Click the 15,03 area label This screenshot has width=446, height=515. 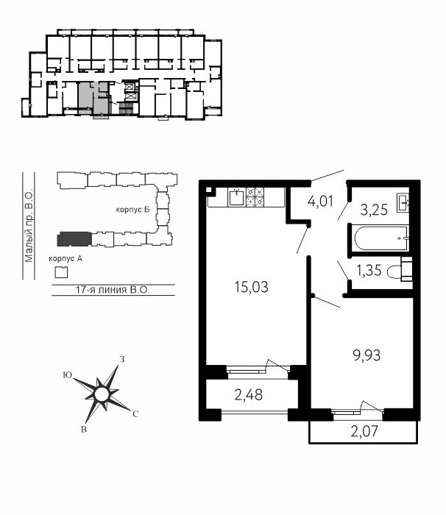[252, 287]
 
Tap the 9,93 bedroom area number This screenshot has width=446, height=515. [367, 355]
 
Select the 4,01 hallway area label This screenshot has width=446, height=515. [320, 201]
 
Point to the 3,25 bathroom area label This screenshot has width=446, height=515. [374, 210]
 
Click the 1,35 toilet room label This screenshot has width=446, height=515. [369, 270]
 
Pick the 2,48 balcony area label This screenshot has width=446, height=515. [249, 395]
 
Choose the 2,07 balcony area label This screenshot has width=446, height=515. [364, 431]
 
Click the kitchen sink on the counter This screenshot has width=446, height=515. [236, 196]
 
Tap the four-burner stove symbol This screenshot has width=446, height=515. [255, 196]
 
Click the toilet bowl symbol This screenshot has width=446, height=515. [400, 270]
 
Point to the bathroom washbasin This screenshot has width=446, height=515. [403, 203]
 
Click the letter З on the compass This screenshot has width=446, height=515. [122, 359]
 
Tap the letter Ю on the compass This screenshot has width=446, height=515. [68, 375]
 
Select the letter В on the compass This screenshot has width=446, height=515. [84, 429]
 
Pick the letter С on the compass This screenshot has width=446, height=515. [135, 414]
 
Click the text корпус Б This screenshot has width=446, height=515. [132, 210]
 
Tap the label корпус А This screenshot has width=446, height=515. [66, 259]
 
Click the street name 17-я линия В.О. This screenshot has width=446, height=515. [113, 290]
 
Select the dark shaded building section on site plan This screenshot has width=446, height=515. [74, 239]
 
